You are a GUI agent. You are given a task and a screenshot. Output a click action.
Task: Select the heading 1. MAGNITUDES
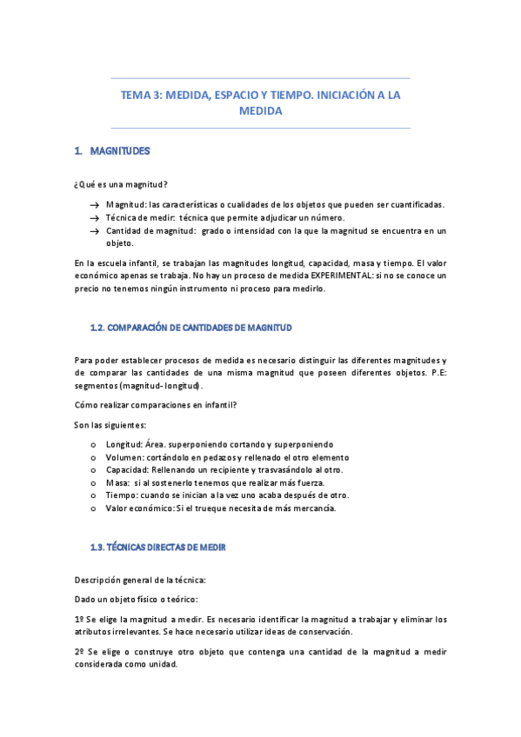point(112,151)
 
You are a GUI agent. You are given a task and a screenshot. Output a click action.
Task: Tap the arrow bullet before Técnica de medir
point(92,218)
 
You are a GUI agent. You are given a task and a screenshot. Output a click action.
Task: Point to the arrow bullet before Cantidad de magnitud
point(92,231)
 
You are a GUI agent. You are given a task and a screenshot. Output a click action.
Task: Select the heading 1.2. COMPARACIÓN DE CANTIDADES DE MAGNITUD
point(191,328)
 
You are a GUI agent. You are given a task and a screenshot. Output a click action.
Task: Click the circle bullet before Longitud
point(93,444)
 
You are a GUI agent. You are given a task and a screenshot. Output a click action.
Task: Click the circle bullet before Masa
point(93,482)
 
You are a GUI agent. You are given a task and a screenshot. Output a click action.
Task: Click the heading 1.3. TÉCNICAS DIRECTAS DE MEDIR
point(158,548)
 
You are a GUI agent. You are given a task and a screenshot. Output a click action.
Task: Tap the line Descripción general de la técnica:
point(140,579)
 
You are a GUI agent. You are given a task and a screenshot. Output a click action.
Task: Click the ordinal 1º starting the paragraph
point(78,620)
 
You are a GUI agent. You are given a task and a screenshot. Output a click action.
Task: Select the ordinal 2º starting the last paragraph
point(78,651)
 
